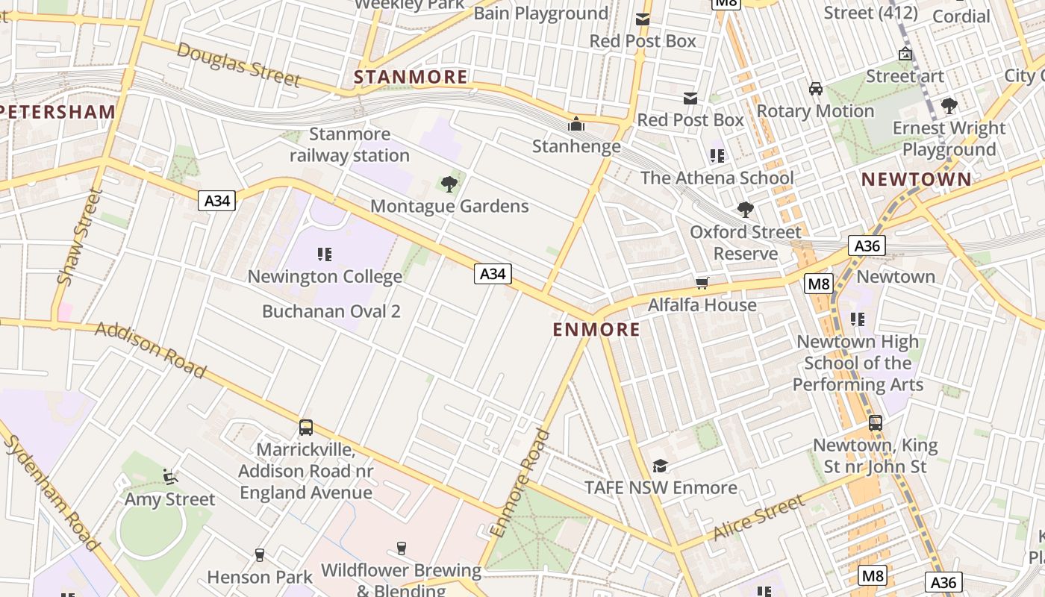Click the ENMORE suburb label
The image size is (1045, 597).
click(596, 329)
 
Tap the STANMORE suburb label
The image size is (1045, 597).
click(411, 77)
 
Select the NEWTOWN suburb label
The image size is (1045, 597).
click(917, 179)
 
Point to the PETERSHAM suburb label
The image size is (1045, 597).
click(58, 112)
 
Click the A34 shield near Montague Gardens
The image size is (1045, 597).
click(493, 274)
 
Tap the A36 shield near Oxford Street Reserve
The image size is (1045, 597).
click(867, 246)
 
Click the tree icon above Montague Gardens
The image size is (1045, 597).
click(449, 184)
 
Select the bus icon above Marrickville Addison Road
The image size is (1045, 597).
click(306, 428)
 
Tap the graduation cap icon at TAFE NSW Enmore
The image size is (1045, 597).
click(661, 466)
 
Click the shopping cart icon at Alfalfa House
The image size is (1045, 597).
click(702, 283)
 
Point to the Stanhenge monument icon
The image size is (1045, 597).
click(576, 124)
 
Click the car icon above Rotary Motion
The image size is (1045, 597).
click(816, 89)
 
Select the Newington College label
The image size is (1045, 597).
click(325, 276)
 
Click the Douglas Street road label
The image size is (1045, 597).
click(239, 65)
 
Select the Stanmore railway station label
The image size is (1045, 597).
click(349, 145)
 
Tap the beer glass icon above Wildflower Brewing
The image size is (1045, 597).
click(402, 548)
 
